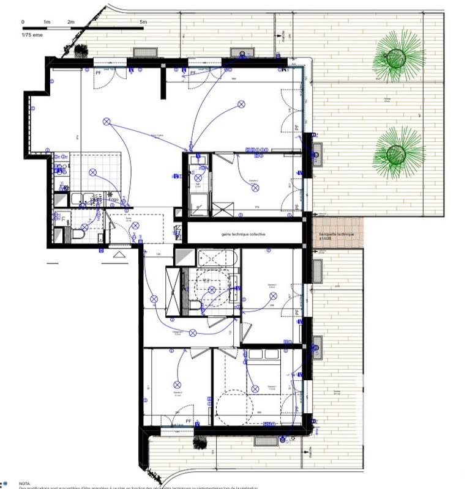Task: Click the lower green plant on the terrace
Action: pos(398,152)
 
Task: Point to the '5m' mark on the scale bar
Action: pos(143,21)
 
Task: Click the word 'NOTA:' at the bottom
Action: pos(24,482)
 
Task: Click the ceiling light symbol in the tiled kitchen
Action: pos(93,172)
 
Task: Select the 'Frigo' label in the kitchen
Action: pos(113,199)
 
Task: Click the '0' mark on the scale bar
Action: pos(23,21)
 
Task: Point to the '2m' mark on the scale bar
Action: pos(71,21)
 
